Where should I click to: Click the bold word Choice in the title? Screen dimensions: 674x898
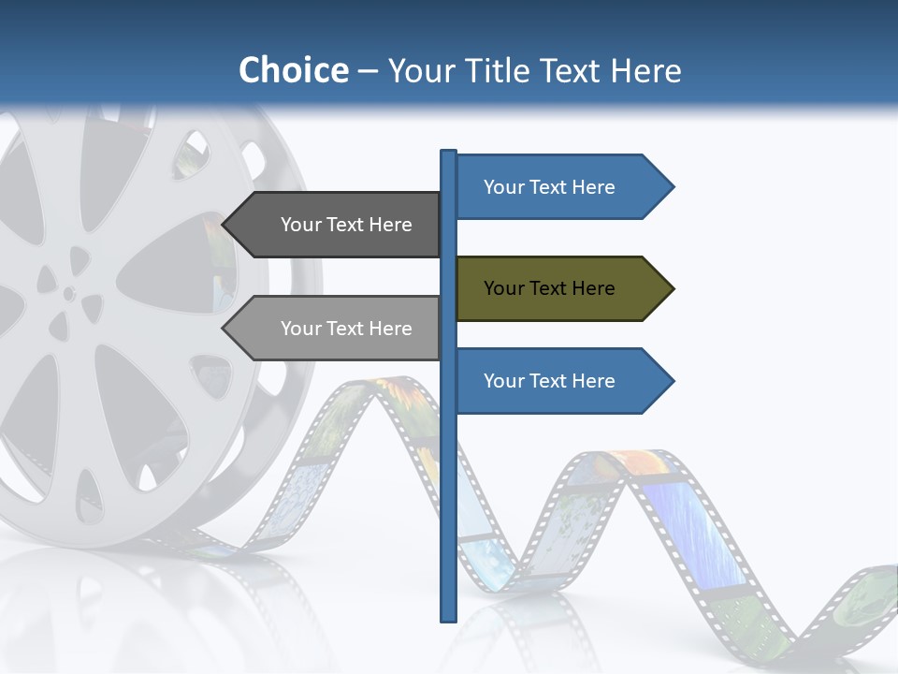pos(293,70)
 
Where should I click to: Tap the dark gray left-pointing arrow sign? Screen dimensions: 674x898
pos(337,225)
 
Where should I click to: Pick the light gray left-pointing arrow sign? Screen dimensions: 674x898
pos(337,329)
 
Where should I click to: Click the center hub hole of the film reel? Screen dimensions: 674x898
pos(69,294)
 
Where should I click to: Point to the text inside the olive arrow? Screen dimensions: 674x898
pos(549,288)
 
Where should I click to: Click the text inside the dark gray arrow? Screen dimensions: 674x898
pos(346,225)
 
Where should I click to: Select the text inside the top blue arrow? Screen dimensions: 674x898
pos(549,187)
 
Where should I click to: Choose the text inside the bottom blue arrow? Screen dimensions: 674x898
pos(549,381)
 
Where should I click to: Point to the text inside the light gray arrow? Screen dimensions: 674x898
pos(346,329)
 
